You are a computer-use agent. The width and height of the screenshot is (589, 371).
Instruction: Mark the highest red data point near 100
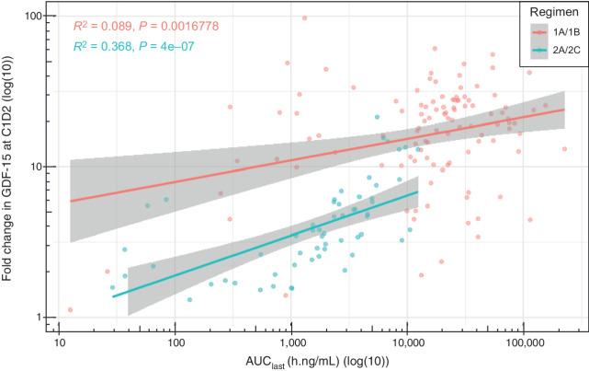304,17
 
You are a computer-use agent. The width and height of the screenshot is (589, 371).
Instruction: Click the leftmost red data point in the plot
70,309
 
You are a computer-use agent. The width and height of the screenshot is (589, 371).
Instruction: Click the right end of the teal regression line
418,191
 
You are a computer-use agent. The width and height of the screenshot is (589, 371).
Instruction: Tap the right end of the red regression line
564,109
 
